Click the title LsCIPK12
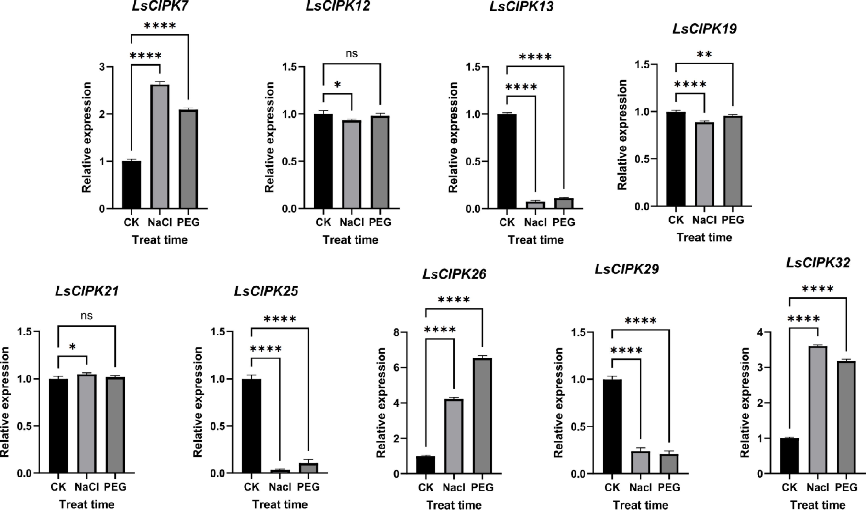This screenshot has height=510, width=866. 338,6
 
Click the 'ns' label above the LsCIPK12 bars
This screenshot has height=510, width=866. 352,54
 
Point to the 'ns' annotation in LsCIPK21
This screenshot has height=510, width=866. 87,316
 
